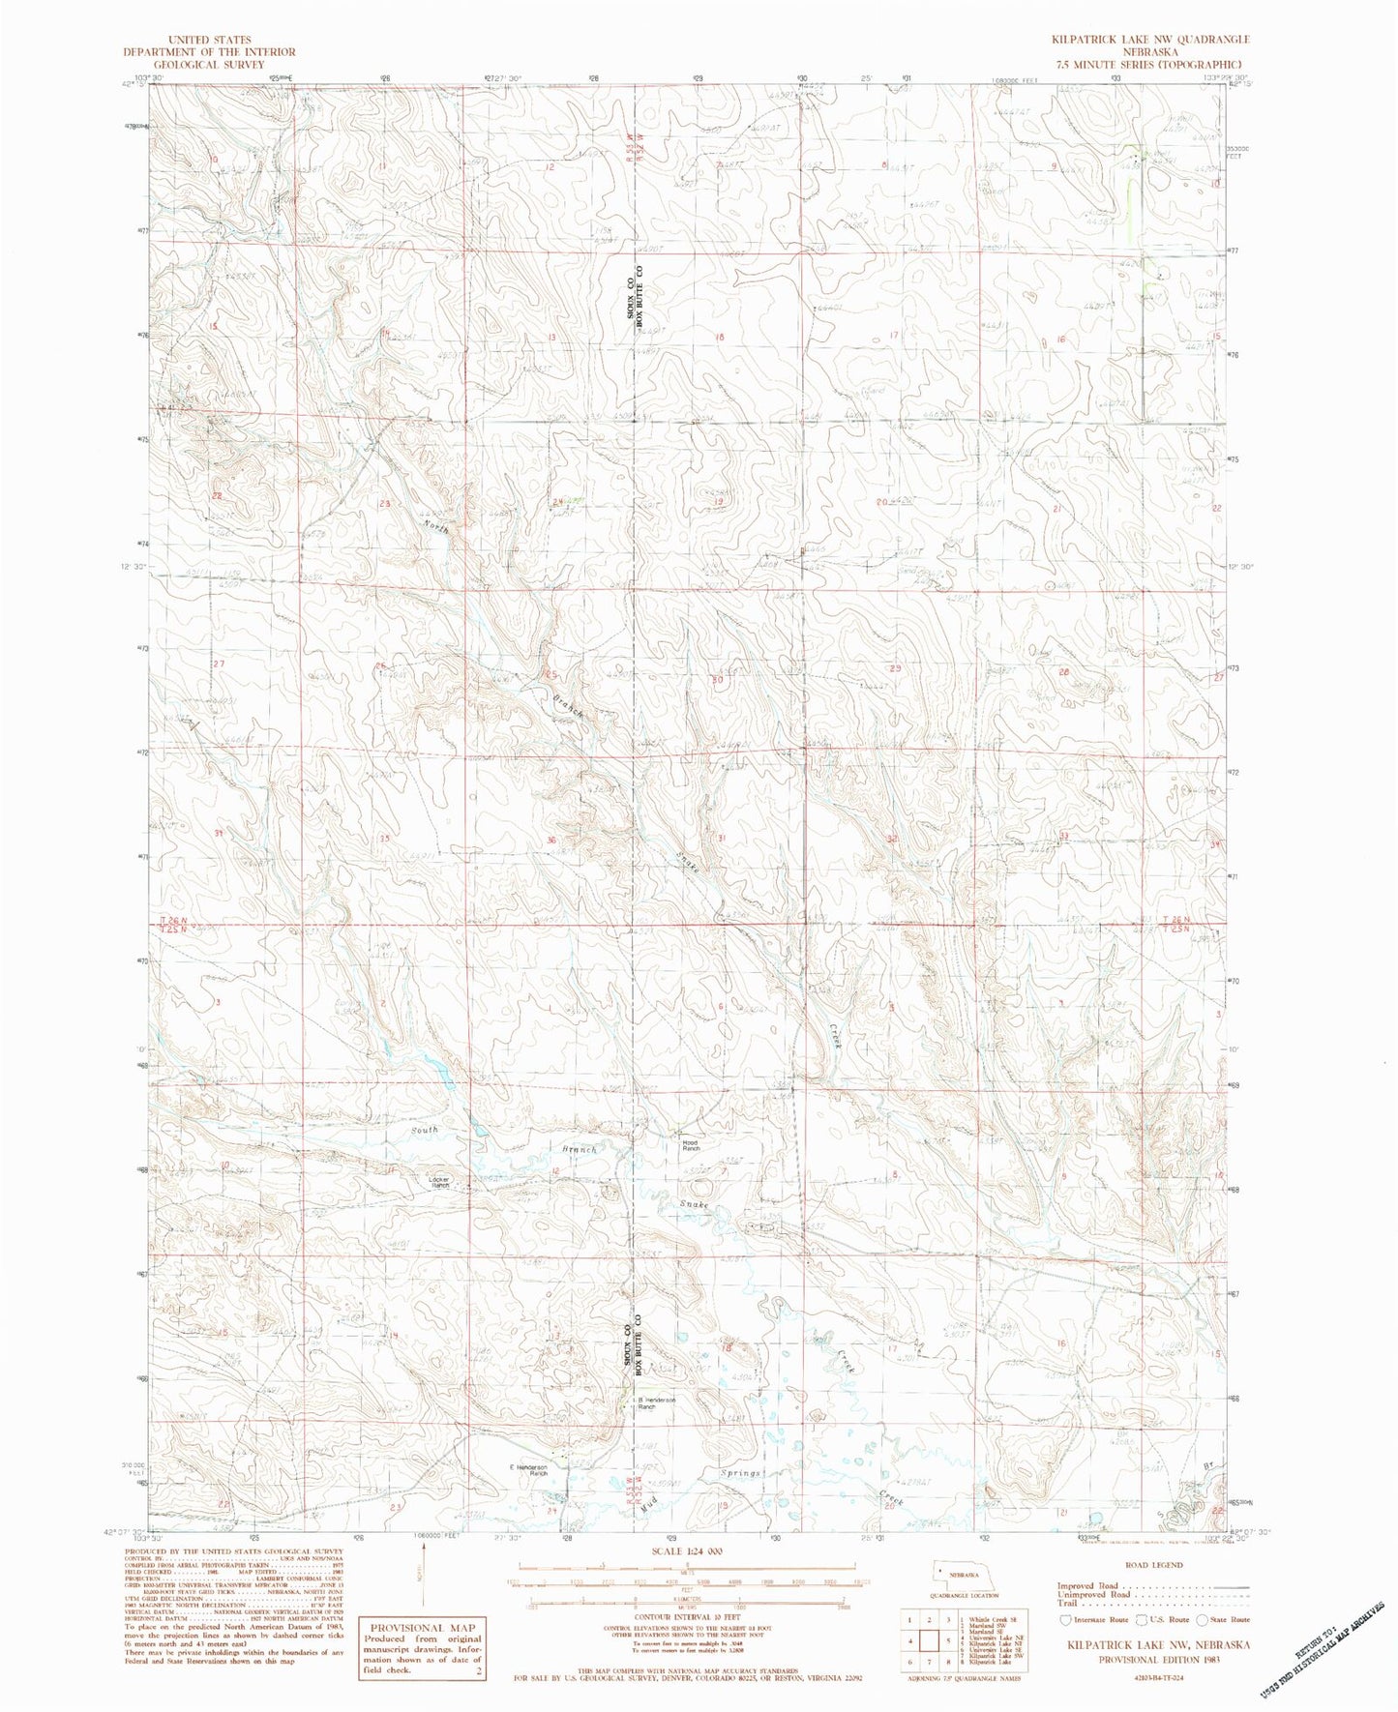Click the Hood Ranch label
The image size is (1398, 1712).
point(691,1144)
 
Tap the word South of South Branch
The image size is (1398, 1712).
point(423,1129)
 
